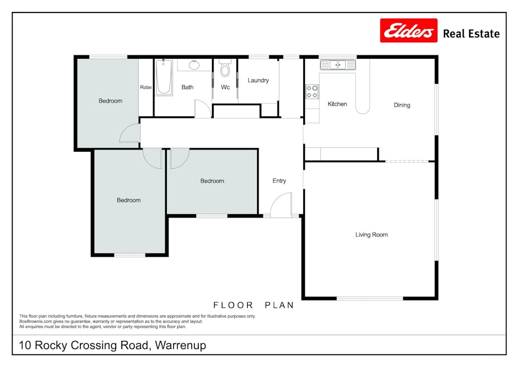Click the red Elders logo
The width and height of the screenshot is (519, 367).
pyautogui.click(x=409, y=30)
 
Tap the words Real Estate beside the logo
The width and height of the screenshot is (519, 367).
pyautogui.click(x=471, y=34)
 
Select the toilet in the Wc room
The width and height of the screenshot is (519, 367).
pyautogui.click(x=225, y=67)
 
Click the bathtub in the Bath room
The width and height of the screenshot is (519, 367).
pyautogui.click(x=164, y=77)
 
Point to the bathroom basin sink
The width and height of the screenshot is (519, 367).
pyautogui.click(x=194, y=65)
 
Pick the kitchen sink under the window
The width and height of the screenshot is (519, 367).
pyautogui.click(x=338, y=65)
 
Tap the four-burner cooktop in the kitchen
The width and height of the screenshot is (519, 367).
pyautogui.click(x=312, y=92)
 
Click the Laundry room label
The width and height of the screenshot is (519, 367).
pyautogui.click(x=258, y=80)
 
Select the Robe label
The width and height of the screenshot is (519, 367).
pyautogui.click(x=146, y=87)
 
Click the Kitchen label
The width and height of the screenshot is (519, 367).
pyautogui.click(x=337, y=104)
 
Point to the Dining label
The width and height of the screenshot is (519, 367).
pyautogui.click(x=402, y=105)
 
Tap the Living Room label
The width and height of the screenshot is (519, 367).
pyautogui.click(x=371, y=234)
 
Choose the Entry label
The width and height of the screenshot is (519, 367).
pyautogui.click(x=279, y=181)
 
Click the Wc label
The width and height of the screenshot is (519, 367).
pyautogui.click(x=225, y=87)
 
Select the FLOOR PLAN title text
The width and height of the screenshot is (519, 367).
pyautogui.click(x=254, y=305)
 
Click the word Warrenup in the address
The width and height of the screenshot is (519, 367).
pyautogui.click(x=180, y=345)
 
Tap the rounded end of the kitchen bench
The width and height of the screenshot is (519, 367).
pyautogui.click(x=363, y=110)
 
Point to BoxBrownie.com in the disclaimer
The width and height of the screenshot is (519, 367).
pyautogui.click(x=35, y=321)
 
